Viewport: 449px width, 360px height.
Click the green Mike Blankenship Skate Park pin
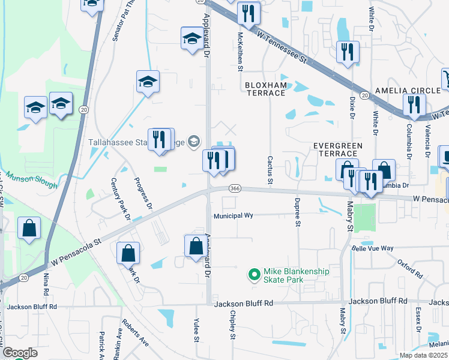pos(255,275)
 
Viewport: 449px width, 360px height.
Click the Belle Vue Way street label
pos(372,248)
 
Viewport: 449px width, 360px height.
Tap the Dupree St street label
pos(297,213)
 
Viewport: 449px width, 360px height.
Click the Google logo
pos(20,353)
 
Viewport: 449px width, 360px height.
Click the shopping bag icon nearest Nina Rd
pos(29,229)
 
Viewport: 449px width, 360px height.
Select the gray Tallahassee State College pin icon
pos(193,142)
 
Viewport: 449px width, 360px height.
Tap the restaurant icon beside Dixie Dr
pos(347,52)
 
